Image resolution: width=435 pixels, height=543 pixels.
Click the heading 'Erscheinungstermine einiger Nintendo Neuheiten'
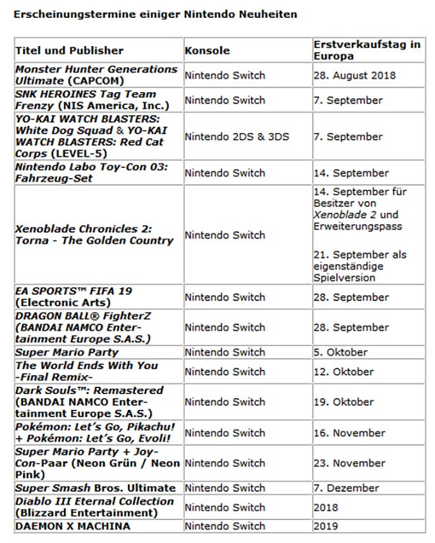(155, 14)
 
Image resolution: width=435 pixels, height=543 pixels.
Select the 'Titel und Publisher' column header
(69, 50)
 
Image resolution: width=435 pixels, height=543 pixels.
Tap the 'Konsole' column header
(207, 50)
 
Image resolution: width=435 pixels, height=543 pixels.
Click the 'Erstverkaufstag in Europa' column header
(366, 50)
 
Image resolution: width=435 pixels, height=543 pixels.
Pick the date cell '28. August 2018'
(355, 75)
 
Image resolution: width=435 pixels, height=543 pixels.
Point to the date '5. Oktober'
(340, 352)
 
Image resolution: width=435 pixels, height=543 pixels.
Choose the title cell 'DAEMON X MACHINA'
(72, 526)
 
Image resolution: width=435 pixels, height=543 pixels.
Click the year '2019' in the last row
(326, 526)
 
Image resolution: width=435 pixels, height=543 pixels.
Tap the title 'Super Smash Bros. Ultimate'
(96, 488)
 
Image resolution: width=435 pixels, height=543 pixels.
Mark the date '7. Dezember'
(346, 488)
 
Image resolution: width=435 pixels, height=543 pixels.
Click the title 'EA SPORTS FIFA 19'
(78, 291)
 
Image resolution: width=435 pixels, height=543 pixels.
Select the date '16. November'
(349, 433)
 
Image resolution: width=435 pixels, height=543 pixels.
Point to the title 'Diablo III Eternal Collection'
(94, 501)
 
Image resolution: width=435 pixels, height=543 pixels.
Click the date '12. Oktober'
(343, 372)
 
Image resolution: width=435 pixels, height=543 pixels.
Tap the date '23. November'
(349, 463)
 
